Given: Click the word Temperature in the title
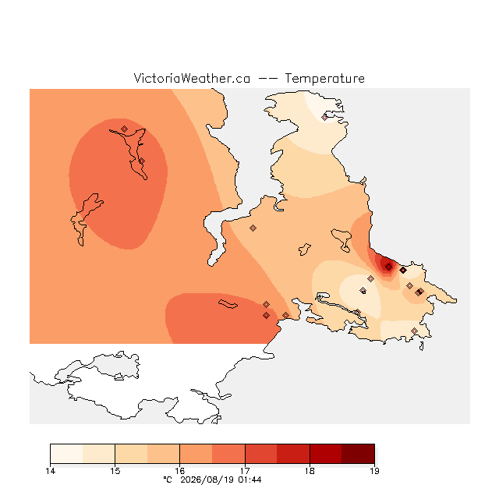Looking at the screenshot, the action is point(324,78).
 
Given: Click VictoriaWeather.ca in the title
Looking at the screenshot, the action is point(192,78).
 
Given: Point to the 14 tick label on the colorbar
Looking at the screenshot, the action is point(50,471).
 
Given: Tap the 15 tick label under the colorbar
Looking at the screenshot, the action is point(115,471).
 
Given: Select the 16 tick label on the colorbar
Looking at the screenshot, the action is point(180,471).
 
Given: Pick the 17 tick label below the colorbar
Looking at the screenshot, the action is point(245,471).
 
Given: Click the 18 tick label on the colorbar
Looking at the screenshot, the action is point(310,471).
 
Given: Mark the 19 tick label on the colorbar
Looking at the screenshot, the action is point(374,471).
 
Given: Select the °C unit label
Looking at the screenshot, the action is point(168,480).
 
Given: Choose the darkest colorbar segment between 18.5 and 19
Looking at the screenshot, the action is point(359,454).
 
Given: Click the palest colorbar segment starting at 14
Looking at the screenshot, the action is point(66,454).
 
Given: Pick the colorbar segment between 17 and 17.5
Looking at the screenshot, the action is point(261,454).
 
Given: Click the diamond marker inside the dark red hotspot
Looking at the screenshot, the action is point(388,267).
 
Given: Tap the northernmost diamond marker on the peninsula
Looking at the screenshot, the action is point(324,118).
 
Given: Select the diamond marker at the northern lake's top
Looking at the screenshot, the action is point(125,129).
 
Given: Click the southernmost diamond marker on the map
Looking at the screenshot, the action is point(414,331).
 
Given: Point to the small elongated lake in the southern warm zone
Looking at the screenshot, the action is point(228,304).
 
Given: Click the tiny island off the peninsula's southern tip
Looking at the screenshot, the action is point(421,346).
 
